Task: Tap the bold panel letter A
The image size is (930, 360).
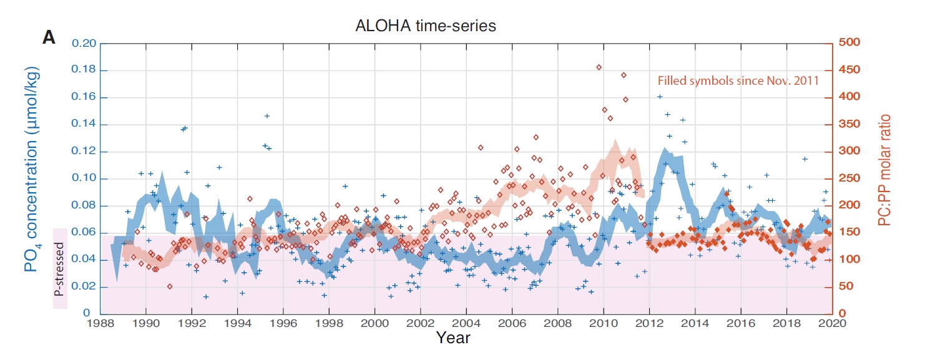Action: point(49,37)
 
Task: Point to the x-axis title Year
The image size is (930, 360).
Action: point(453,338)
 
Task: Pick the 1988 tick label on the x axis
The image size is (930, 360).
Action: point(100,323)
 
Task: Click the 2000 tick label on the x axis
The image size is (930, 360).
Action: point(374,323)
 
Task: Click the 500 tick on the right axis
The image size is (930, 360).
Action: point(849,42)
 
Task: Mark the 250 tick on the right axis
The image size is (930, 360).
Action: point(849,178)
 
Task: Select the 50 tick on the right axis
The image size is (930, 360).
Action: point(847,287)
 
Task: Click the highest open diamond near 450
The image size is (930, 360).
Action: point(599,67)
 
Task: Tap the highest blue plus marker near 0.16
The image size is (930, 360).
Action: point(660,97)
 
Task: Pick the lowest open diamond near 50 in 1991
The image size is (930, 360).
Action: point(170,286)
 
